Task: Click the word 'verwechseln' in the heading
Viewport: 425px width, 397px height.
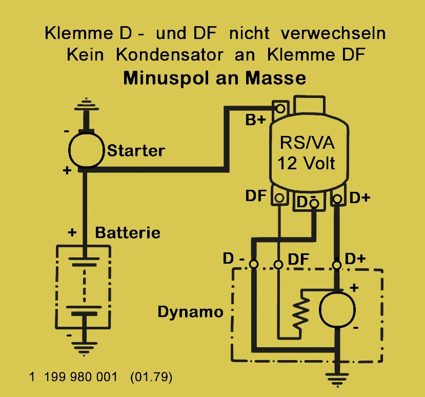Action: coord(333,33)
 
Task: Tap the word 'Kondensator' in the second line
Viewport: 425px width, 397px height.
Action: coord(169,55)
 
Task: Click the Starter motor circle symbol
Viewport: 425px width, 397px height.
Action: coord(87,150)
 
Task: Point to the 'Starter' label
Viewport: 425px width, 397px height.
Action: coord(136,151)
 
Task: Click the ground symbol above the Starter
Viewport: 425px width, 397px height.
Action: coord(87,105)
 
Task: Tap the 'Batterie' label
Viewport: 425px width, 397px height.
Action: coord(128,233)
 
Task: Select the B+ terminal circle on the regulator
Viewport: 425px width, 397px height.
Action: coord(280,109)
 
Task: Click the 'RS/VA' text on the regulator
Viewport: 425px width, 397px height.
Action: coord(308,143)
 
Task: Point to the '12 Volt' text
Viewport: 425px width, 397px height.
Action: coord(306,163)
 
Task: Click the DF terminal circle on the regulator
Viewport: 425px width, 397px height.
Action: coord(279,197)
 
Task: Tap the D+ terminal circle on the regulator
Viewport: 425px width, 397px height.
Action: coord(337,199)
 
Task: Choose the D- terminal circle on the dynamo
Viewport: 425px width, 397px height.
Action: coord(254,264)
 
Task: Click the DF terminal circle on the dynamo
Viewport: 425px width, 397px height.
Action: coord(278,264)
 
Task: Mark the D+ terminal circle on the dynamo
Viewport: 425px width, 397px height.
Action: coord(337,265)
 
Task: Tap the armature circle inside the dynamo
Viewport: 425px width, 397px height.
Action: coord(337,310)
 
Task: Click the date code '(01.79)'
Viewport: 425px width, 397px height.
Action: coord(151,377)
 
